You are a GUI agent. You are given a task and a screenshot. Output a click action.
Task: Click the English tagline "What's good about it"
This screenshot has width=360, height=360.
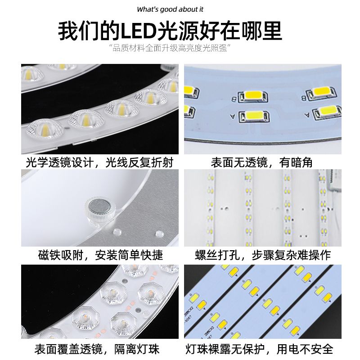[170, 9]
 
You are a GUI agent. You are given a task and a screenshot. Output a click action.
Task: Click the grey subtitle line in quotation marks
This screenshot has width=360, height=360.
[170, 48]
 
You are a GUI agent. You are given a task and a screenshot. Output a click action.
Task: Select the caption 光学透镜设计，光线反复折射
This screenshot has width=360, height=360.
[99, 162]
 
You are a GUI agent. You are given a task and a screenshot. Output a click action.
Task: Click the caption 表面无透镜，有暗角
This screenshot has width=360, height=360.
[262, 162]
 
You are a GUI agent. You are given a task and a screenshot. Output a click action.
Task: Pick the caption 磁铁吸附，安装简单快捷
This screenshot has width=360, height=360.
[100, 255]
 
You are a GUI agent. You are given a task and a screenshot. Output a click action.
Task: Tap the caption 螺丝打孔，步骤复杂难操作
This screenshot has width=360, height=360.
[263, 255]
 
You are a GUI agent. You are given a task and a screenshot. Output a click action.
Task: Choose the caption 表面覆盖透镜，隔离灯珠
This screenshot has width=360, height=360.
[97, 349]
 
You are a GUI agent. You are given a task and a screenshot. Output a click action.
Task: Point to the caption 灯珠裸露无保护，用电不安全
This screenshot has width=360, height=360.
[260, 349]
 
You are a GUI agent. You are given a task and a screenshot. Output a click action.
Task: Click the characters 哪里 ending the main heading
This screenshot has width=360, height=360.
[262, 31]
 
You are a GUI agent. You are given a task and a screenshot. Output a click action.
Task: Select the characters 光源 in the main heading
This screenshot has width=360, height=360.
[179, 31]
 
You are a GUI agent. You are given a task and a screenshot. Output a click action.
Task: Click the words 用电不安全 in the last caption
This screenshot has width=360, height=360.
[305, 349]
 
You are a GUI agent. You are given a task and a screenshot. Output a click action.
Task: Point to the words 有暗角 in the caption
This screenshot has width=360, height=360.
[296, 162]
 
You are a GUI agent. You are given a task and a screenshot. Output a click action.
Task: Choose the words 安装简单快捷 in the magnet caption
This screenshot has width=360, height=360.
[129, 255]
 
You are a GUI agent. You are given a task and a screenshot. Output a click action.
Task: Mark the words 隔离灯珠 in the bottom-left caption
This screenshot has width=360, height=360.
[137, 349]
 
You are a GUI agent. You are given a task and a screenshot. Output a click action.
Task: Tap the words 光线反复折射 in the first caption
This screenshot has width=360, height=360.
[139, 162]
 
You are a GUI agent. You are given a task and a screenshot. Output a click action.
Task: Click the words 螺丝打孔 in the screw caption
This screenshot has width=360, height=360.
[218, 255]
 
